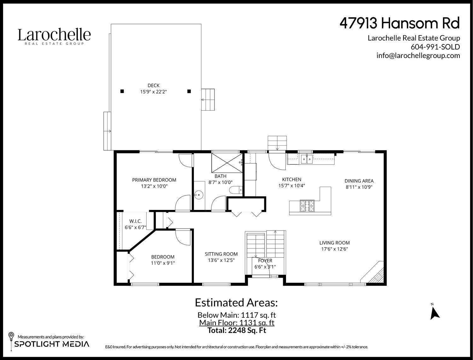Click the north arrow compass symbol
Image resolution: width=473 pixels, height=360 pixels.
pos(435,312)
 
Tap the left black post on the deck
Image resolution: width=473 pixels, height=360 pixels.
pos(122,91)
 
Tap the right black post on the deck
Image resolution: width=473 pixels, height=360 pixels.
pos(189,91)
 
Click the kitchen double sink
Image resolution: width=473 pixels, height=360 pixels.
pos(306,159)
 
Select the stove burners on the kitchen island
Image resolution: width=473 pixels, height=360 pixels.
pos(305,206)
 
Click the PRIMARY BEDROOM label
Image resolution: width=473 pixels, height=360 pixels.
pos(154,180)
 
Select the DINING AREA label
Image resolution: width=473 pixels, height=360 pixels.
pos(359,181)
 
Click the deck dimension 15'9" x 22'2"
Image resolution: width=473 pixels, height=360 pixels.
pos(154,92)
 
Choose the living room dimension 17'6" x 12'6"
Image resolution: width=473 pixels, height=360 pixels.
pos(335,249)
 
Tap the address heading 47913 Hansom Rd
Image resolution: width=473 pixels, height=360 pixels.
pos(400,23)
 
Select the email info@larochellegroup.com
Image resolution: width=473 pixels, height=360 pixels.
pos(418,55)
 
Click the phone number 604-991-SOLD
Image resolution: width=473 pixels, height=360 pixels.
pos(435,47)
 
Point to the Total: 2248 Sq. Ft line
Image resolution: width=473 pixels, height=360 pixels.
pos(237,330)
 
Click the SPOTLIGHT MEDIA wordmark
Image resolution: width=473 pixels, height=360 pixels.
pos(52,344)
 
